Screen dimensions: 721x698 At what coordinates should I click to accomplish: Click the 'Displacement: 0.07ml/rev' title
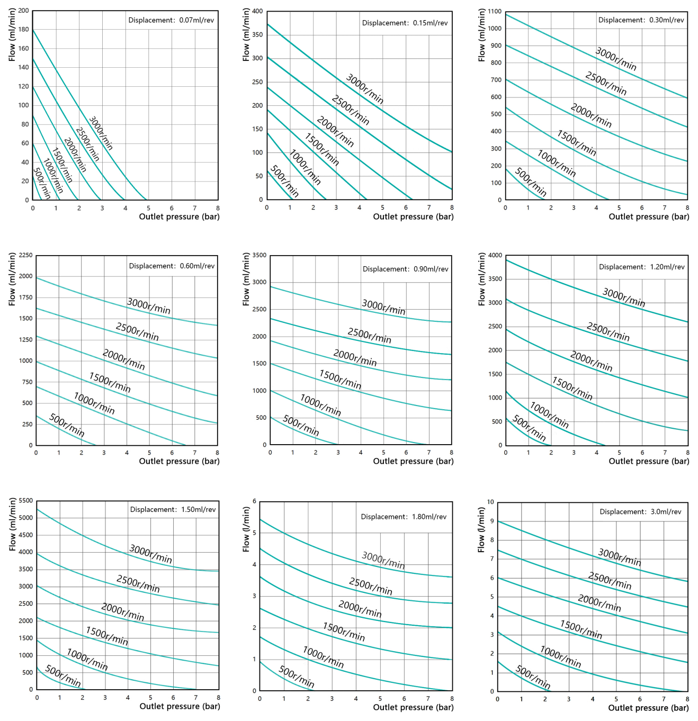tap(171, 20)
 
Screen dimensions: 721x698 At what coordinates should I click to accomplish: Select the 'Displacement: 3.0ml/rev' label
tap(640, 512)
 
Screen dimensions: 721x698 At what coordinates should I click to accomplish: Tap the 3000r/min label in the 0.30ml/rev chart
tap(616, 59)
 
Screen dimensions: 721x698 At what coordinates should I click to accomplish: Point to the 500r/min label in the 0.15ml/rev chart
tap(284, 181)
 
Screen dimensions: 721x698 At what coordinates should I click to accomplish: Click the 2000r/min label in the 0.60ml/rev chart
tap(123, 360)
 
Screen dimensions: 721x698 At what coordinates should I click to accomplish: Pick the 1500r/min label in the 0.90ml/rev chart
tap(340, 380)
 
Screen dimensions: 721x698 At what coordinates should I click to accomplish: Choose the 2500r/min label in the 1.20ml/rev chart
tap(608, 332)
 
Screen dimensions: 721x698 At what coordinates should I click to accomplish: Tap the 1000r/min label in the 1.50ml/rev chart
tap(87, 660)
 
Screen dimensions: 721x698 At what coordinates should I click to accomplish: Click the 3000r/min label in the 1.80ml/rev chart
tap(383, 560)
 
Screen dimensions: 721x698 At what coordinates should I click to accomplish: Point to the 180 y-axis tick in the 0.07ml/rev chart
tap(24, 30)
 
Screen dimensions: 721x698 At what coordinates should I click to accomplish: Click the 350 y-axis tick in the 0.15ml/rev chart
tap(257, 35)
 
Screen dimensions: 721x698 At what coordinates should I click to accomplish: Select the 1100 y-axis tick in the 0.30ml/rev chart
tap(495, 11)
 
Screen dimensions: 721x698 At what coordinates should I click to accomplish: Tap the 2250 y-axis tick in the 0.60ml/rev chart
tap(25, 255)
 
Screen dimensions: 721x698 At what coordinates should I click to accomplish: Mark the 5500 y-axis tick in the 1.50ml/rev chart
tap(26, 501)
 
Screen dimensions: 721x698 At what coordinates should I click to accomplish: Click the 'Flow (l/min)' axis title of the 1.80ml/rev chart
tap(246, 529)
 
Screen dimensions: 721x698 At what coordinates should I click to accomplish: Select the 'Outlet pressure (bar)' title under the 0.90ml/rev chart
tap(413, 461)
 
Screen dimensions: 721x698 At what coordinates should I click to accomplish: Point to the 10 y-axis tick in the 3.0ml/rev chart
tap(490, 502)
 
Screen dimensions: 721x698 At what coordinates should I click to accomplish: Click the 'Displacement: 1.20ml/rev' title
tap(641, 267)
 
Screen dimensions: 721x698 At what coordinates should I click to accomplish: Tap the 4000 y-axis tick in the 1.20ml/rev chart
tap(495, 255)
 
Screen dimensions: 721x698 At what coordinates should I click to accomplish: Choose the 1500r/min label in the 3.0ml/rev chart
tap(581, 629)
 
